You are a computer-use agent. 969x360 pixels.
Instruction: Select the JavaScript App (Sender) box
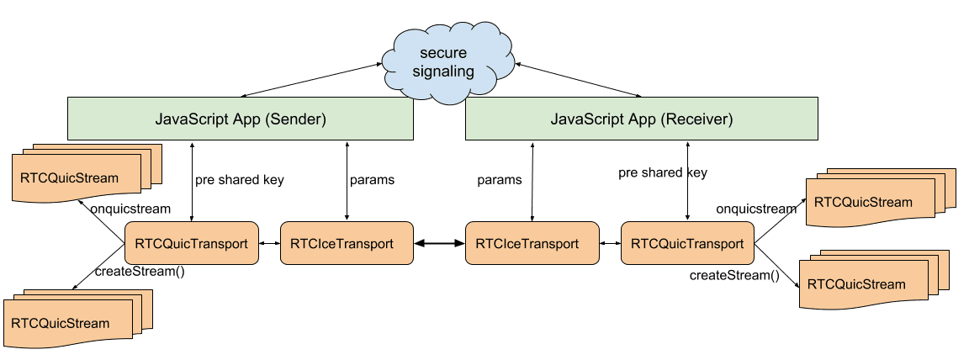click(240, 119)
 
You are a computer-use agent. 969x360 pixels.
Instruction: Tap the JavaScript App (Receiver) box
click(641, 119)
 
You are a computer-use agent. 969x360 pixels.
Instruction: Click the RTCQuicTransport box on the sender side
click(191, 244)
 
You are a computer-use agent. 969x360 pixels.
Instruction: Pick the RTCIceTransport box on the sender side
click(346, 244)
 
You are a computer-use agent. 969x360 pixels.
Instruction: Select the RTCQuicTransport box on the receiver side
click(686, 244)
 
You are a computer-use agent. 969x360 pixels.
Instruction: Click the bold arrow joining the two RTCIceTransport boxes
click(439, 244)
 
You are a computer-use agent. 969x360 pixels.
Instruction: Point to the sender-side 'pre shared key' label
click(240, 180)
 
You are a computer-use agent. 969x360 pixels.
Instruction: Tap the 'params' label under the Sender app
click(372, 180)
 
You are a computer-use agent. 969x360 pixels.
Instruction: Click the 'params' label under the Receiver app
click(499, 180)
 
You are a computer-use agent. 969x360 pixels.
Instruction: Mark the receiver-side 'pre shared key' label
click(663, 173)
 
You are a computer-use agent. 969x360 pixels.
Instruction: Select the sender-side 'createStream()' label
click(140, 271)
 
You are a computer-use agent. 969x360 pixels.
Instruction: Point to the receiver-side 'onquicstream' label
click(756, 209)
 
